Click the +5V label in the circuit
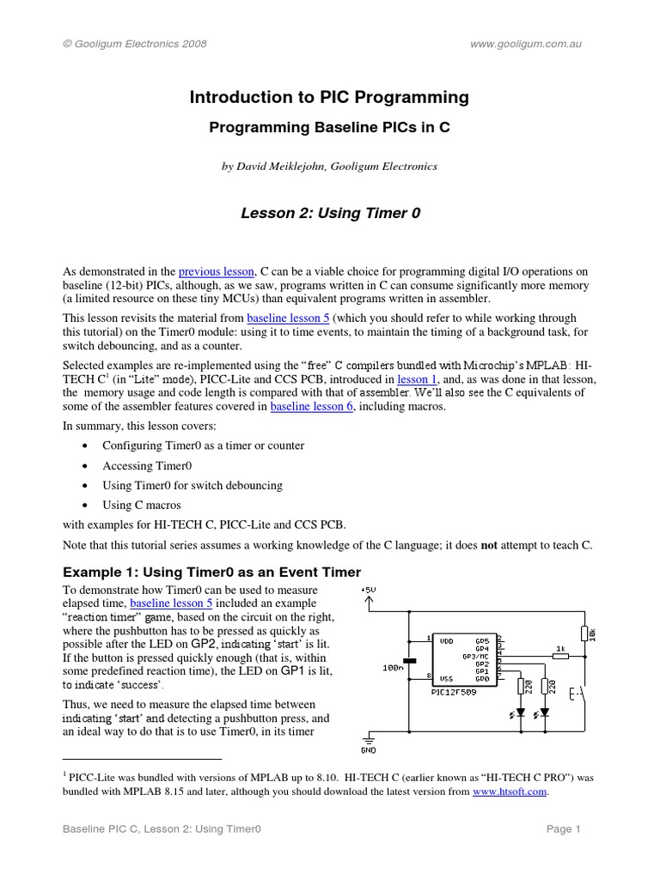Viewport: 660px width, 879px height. (368, 590)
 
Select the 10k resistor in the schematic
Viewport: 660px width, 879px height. (584, 633)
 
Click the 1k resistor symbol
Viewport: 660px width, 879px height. (559, 655)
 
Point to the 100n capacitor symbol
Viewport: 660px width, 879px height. (410, 660)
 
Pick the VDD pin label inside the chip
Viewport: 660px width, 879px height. (447, 640)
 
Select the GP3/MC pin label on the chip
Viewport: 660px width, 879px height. (479, 655)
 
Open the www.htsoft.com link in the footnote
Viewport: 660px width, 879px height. (510, 791)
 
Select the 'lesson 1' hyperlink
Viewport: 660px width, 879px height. (416, 378)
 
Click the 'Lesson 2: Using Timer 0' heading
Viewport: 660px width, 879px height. (330, 212)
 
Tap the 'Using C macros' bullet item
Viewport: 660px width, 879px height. (142, 505)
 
